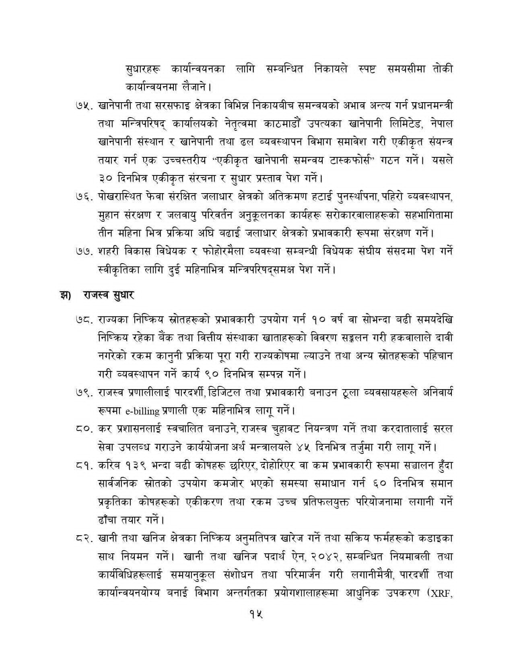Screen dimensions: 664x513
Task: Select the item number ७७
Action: pyautogui.click(x=84, y=252)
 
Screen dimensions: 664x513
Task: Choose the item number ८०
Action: pyautogui.click(x=84, y=429)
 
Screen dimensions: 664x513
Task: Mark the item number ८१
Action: pyautogui.click(x=84, y=465)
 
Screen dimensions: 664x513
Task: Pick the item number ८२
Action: pyautogui.click(x=84, y=538)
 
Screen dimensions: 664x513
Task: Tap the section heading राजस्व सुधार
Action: pyautogui.click(x=109, y=295)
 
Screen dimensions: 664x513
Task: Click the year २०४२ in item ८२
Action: pyautogui.click(x=328, y=557)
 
